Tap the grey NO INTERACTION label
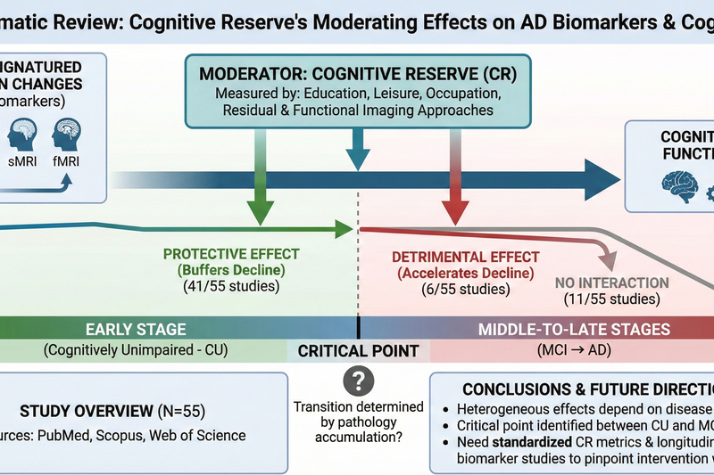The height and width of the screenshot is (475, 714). [611, 283]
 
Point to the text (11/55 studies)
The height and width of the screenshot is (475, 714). [611, 299]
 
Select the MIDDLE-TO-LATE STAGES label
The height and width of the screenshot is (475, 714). [574, 329]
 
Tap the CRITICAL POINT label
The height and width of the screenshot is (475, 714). [358, 350]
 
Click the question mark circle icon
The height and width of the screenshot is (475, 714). [358, 381]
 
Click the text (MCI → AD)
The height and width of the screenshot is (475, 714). [573, 349]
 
